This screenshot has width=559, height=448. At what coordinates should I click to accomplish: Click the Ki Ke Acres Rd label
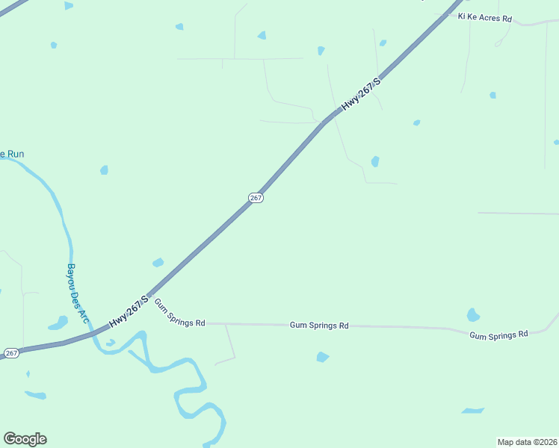point(485,17)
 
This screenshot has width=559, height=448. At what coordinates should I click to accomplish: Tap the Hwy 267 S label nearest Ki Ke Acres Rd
point(362,94)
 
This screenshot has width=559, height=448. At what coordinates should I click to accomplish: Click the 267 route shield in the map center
point(256,197)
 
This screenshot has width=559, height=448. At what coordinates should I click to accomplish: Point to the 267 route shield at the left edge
point(11,352)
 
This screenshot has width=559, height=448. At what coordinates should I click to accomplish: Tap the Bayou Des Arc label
point(78,293)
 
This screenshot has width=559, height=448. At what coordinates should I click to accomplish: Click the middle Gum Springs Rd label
point(319,326)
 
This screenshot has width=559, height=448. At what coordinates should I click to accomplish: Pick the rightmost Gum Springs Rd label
point(498,335)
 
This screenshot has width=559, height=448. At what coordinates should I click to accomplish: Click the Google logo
point(25,439)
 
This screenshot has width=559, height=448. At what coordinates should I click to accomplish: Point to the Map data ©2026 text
point(527,442)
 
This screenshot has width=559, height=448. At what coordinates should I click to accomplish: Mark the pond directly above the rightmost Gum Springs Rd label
point(472,315)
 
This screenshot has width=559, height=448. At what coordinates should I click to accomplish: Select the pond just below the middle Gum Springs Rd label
point(322,357)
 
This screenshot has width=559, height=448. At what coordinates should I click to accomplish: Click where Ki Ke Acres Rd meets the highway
point(454,11)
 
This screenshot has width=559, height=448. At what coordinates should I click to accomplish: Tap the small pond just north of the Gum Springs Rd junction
point(158,262)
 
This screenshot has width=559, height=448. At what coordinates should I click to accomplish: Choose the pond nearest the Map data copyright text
point(472,411)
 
